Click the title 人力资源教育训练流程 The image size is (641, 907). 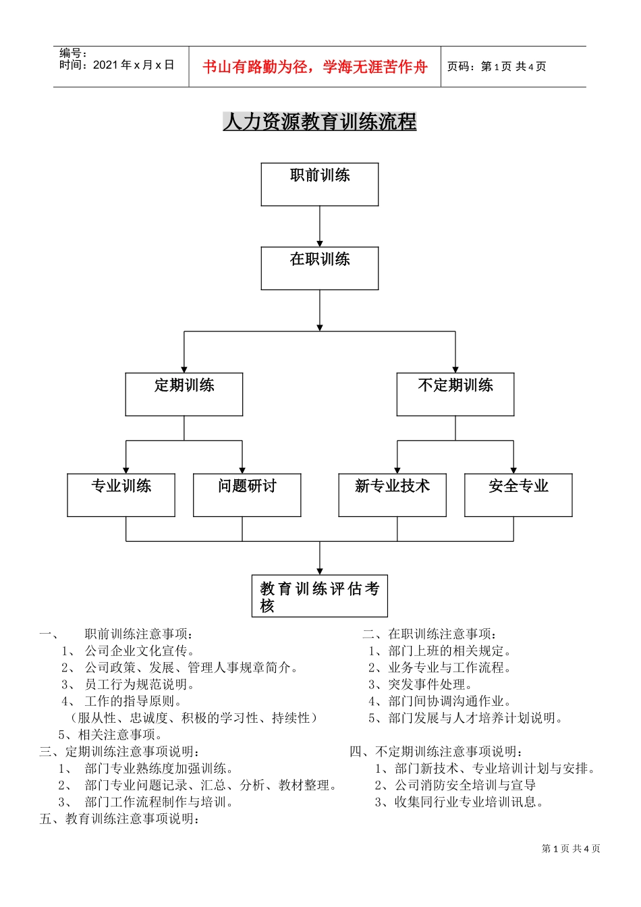click(320, 121)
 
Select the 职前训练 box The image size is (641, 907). click(320, 184)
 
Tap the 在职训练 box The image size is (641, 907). click(320, 268)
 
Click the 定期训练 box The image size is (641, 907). click(184, 394)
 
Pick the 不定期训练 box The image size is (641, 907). click(455, 394)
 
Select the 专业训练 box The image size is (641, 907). click(121, 495)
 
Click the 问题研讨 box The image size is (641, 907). click(247, 495)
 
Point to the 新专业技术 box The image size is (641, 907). click(392, 495)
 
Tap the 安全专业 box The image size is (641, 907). click(518, 495)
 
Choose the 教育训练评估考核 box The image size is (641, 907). click(320, 596)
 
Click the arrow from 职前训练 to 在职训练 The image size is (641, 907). click(320, 226)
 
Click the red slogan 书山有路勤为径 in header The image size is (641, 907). click(314, 67)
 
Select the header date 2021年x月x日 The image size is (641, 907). click(134, 65)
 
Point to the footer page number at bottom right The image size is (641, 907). click(571, 849)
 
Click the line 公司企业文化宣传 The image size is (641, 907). click(140, 651)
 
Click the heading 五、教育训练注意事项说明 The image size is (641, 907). click(120, 819)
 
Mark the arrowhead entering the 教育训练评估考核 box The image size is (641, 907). click(320, 571)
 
